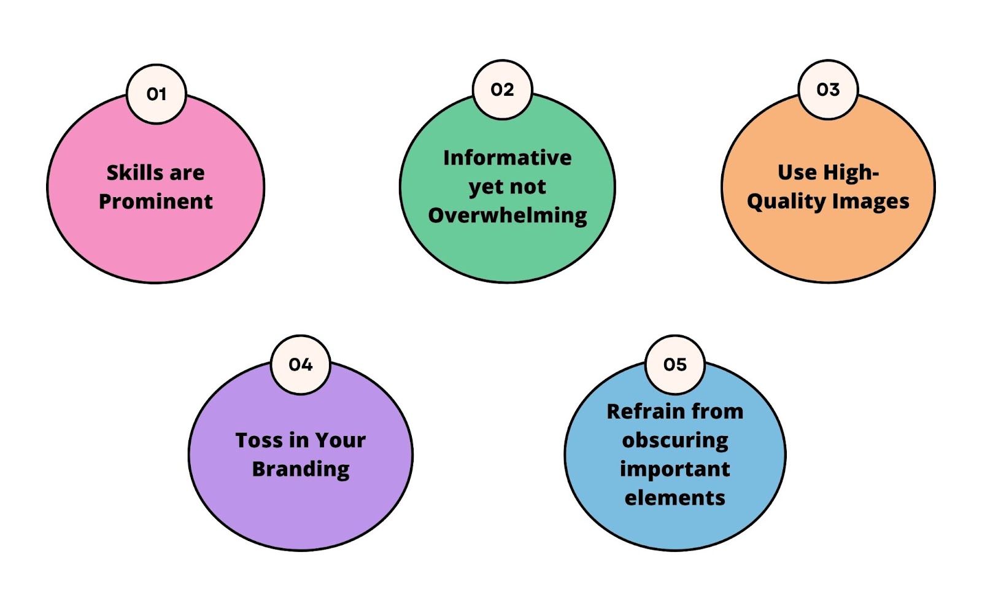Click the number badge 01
[x=156, y=95]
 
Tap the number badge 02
[x=503, y=90]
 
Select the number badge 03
[x=828, y=90]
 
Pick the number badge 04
[x=301, y=365]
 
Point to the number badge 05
[x=675, y=365]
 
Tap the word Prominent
[x=156, y=201]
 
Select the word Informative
[x=507, y=158]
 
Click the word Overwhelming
[x=507, y=216]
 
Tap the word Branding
[x=301, y=469]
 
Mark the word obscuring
[x=675, y=440]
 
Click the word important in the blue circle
[x=675, y=469]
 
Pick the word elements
[x=675, y=498]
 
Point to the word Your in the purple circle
[x=341, y=440]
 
